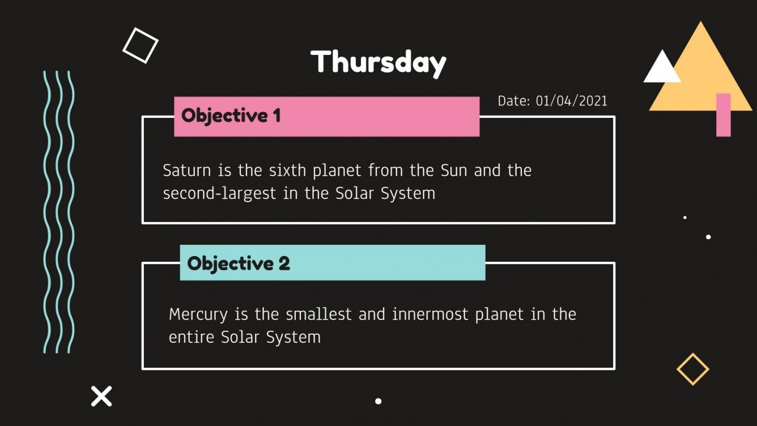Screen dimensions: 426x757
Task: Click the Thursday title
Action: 378,62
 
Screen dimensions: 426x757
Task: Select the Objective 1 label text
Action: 231,116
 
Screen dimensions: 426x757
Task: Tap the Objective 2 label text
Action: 238,263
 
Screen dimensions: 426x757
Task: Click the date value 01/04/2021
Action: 571,101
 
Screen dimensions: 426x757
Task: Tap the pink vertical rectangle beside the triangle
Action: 723,115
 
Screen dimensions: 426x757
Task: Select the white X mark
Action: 101,396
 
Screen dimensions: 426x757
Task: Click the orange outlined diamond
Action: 692,369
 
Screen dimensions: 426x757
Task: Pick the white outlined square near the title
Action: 140,45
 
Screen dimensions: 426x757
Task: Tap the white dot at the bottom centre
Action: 378,401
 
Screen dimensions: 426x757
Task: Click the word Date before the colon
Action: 513,101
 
